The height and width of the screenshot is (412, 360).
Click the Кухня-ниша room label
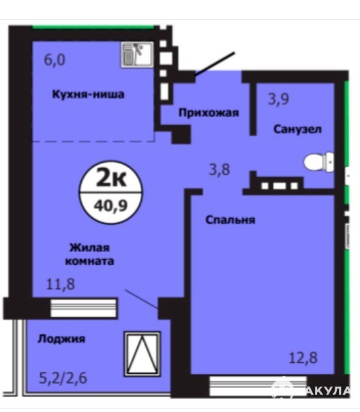point(88,94)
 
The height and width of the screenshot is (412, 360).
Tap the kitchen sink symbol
point(137,54)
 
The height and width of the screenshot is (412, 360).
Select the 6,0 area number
point(55,60)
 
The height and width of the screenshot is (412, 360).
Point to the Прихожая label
point(209,113)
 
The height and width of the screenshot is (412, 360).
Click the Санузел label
point(298,129)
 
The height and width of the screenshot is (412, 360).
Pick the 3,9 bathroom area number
point(278,99)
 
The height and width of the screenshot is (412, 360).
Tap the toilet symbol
point(319,162)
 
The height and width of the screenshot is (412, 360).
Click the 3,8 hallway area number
point(220,170)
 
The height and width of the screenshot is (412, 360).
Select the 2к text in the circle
point(111,178)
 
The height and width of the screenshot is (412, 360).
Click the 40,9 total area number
point(110,206)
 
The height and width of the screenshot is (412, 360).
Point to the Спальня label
point(230,220)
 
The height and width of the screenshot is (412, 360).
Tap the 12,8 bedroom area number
point(303,358)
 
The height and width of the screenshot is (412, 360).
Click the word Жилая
point(89,248)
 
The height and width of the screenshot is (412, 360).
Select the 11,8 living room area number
point(60,284)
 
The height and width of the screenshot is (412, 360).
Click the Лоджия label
point(61,339)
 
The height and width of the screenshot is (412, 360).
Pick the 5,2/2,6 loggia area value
point(63,379)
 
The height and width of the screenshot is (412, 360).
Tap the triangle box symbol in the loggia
point(142,354)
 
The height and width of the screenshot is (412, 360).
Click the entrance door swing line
point(215,64)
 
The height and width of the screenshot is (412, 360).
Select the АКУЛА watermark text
point(329,391)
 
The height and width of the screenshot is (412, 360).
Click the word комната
point(89,262)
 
